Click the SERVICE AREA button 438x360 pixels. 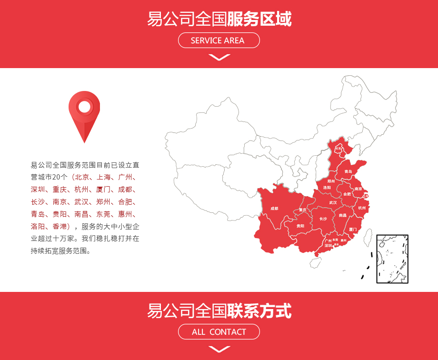(x=219, y=40)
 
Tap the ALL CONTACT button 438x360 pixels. (x=219, y=332)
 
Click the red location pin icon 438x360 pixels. (x=84, y=114)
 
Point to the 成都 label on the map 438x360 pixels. (x=274, y=209)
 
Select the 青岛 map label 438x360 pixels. (x=348, y=171)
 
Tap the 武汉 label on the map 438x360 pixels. (x=333, y=203)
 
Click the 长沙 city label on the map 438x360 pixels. (x=323, y=219)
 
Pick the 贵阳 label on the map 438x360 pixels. (x=300, y=226)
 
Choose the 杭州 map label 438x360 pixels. (x=362, y=208)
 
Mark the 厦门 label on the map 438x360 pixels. (x=353, y=230)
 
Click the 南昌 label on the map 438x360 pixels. (x=343, y=215)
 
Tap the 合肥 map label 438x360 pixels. (x=347, y=194)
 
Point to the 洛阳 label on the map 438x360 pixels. (x=327, y=188)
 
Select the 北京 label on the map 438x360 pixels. (x=338, y=149)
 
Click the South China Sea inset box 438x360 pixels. (x=392, y=259)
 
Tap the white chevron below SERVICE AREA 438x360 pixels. (x=219, y=58)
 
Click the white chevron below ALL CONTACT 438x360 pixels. (x=219, y=349)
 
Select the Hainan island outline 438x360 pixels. (x=315, y=261)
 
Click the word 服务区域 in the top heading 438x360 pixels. (x=259, y=20)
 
